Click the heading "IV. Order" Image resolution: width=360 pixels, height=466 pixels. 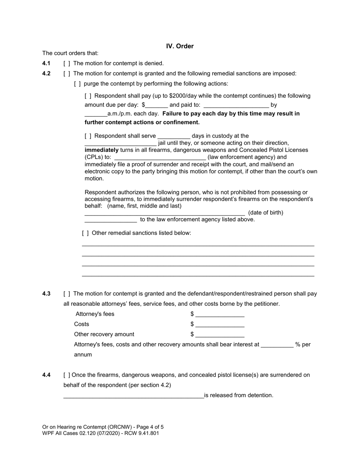tap(180, 46)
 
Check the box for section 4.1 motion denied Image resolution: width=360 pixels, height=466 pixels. tap(67, 63)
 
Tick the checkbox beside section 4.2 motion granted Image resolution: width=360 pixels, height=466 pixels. tap(67, 73)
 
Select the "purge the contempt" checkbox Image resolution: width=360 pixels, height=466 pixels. tap(77, 84)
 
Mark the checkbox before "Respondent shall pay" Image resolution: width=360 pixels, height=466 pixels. tap(88, 96)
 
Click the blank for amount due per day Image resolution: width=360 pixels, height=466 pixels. tap(157, 105)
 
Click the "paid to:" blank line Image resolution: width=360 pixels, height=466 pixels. tap(236, 105)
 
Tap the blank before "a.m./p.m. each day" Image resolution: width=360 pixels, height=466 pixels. tap(96, 114)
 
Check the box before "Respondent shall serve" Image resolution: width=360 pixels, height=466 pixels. tap(88, 136)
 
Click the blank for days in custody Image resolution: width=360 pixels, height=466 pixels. tap(174, 136)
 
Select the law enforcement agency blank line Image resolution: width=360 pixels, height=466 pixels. tap(160, 158)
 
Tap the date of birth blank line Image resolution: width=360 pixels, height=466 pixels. tap(111, 220)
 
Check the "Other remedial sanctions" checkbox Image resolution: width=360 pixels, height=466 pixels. tap(85, 233)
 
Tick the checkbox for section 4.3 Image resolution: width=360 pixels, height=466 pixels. tap(67, 294)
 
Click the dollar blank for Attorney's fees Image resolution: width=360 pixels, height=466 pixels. tap(220, 314)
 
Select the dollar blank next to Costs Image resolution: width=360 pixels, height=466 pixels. tap(220, 325)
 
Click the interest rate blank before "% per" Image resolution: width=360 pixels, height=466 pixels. tap(277, 345)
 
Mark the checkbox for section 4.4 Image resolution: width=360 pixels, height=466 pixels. tap(67, 375)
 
